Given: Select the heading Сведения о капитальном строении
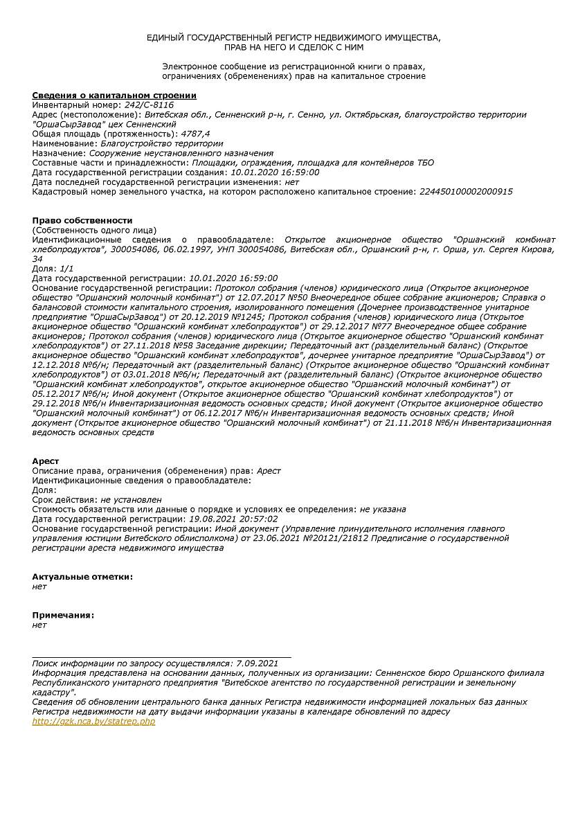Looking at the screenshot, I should click(x=114, y=95).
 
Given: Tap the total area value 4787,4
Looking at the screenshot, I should click(x=195, y=134).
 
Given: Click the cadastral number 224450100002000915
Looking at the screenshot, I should click(x=466, y=191).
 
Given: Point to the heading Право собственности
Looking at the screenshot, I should click(x=82, y=220).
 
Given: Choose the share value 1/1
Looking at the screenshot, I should click(x=66, y=268).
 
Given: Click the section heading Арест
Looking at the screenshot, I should click(x=46, y=461).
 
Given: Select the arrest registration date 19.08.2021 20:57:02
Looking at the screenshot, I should click(x=233, y=518).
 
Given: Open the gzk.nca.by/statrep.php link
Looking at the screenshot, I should click(x=93, y=721).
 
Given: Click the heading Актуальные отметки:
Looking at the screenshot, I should click(x=82, y=576).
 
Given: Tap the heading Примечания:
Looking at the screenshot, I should click(x=63, y=614).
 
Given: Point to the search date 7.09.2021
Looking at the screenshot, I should click(x=257, y=663).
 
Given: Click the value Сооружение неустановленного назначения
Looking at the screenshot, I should click(x=181, y=153).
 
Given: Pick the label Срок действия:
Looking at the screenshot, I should click(x=64, y=499).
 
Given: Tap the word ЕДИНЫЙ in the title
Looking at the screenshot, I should click(x=164, y=37).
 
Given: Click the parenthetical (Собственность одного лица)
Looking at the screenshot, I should click(x=94, y=230).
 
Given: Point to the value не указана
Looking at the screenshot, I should click(x=383, y=508).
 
